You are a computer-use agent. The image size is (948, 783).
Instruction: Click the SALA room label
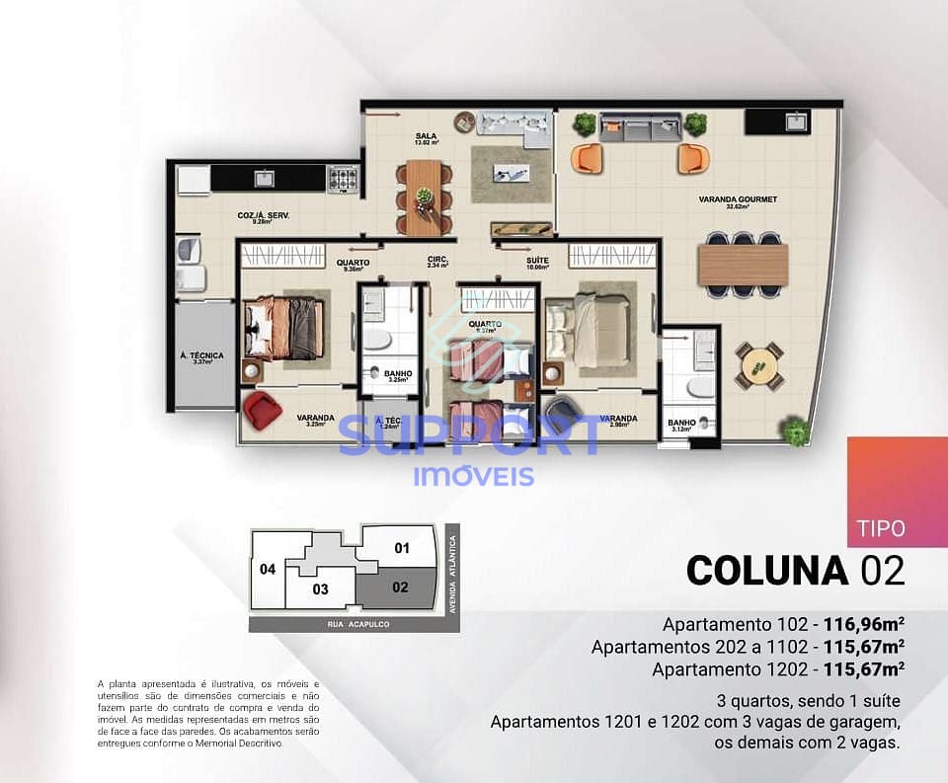(x=427, y=136)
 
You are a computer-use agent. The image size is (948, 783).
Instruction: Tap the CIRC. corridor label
(x=438, y=262)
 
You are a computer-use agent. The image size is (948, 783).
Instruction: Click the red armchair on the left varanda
(x=262, y=409)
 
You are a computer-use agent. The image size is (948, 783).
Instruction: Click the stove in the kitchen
(x=343, y=179)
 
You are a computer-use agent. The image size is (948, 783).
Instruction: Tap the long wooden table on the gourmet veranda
(x=743, y=264)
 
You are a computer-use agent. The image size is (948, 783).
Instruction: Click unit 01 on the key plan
(x=401, y=547)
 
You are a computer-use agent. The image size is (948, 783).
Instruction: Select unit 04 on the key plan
(x=268, y=569)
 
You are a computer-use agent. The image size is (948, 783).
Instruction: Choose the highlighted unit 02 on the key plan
(x=399, y=587)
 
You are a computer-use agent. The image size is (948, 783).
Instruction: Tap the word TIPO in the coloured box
(x=883, y=528)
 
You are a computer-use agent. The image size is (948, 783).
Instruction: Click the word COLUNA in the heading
(x=767, y=571)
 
